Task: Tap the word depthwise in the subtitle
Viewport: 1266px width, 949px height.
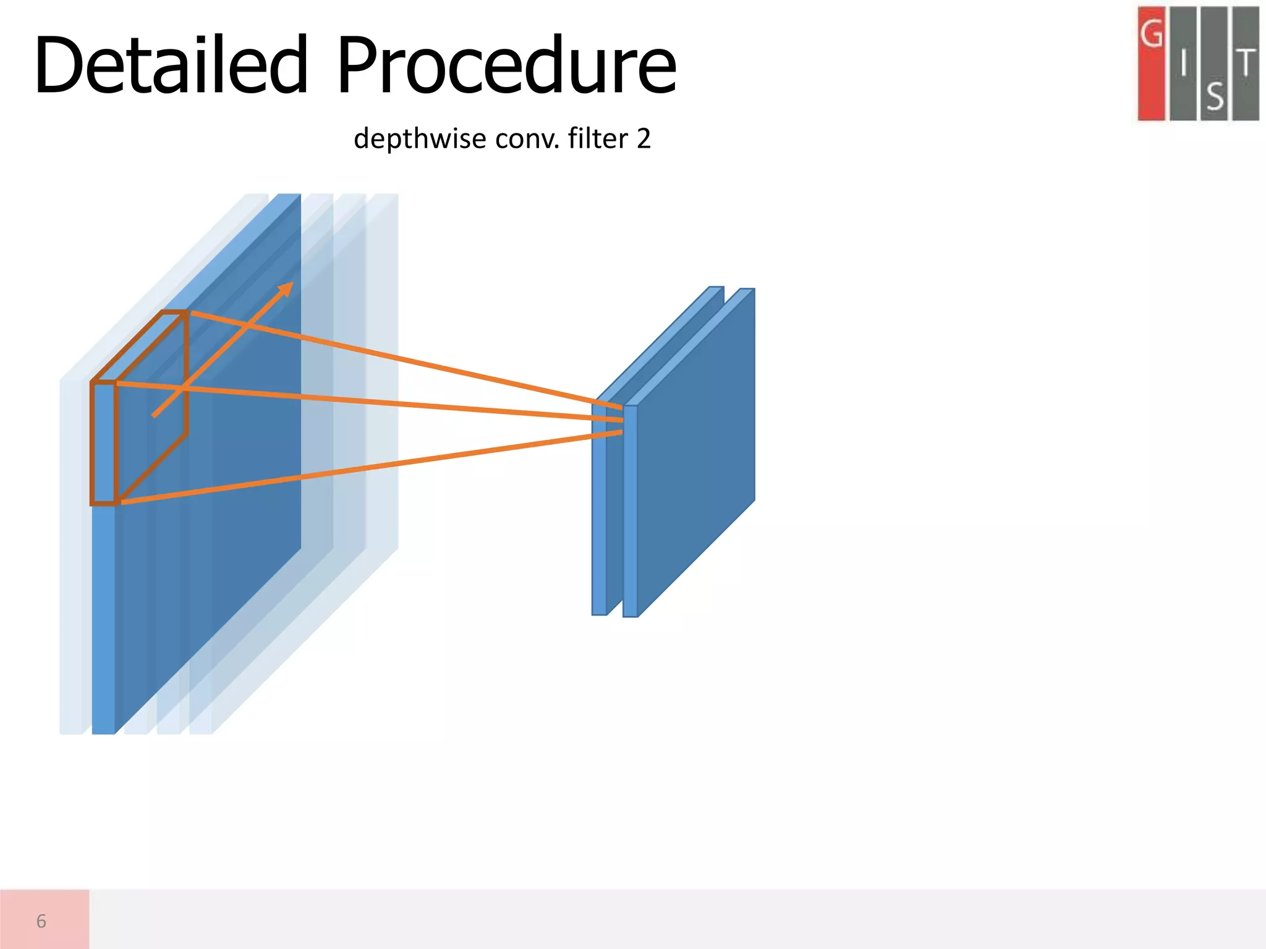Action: coord(420,138)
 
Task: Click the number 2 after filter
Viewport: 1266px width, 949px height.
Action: coord(644,138)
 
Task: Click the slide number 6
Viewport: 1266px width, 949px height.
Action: coord(41,921)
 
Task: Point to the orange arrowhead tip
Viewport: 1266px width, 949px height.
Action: coord(290,285)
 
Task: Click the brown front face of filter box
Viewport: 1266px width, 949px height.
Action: coord(103,442)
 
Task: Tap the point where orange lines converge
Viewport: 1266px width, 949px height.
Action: coord(621,420)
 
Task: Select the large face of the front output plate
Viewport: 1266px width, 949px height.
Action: coord(695,457)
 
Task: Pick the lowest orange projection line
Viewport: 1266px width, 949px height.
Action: coord(371,468)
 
